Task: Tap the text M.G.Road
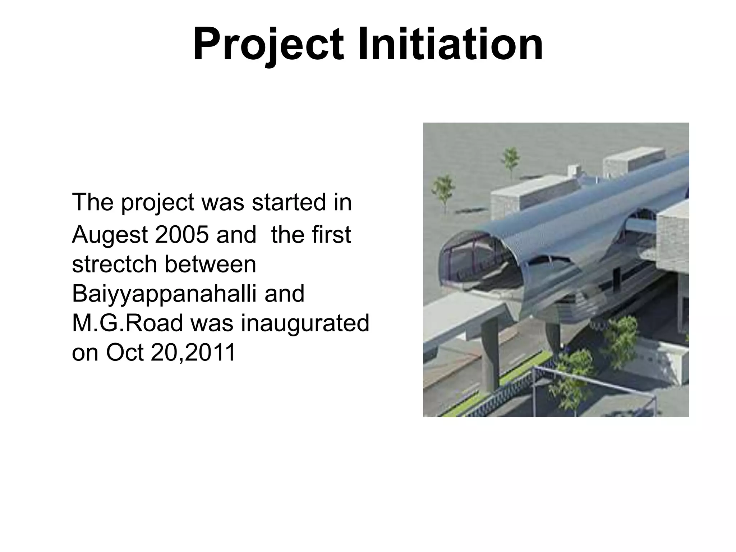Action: (127, 323)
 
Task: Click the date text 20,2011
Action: (193, 353)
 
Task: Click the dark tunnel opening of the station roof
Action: (478, 266)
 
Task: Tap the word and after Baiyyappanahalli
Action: (284, 294)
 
